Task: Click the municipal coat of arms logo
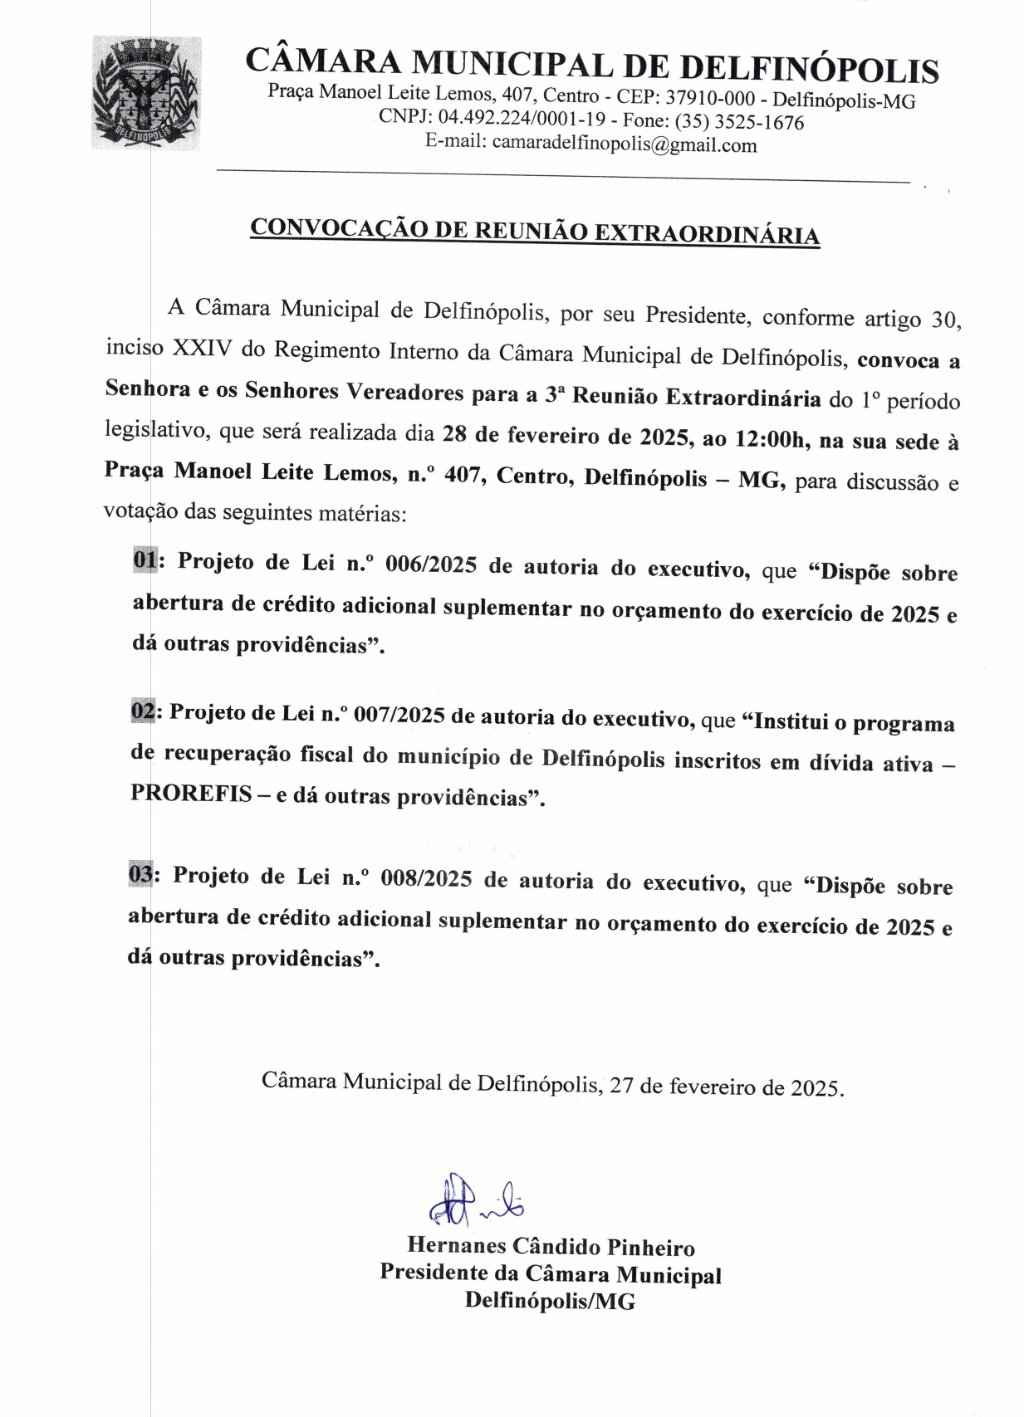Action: coord(146,93)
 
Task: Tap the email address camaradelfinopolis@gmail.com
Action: coord(624,144)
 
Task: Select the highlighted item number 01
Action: coord(145,560)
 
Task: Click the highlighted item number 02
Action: coord(143,711)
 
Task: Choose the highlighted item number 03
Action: coord(140,874)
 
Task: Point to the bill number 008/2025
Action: coord(425,878)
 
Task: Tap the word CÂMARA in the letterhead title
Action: coord(322,61)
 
